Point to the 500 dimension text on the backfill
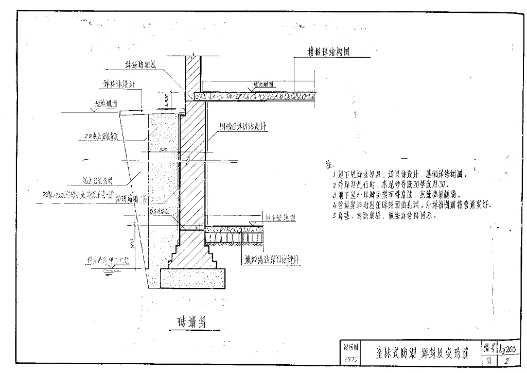click(x=164, y=149)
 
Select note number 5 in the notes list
click(x=335, y=216)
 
